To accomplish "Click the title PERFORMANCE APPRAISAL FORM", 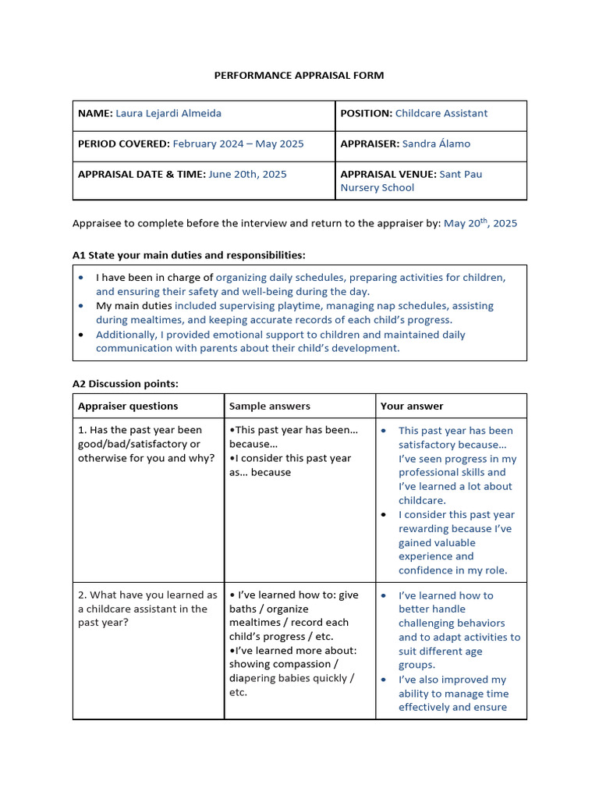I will [299, 76].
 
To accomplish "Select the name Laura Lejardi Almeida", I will [168, 113].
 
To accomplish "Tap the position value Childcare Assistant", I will [441, 113].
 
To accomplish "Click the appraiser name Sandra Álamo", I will [437, 144].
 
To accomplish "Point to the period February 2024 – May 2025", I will [238, 144].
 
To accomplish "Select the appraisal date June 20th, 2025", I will [246, 174].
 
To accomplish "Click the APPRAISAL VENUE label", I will [388, 174].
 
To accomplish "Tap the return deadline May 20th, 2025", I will [480, 223].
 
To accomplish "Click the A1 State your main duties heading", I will [189, 255].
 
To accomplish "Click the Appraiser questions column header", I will [128, 406].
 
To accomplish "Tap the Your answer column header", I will [412, 406].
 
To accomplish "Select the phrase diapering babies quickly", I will [287, 678].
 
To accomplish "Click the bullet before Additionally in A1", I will [82, 335].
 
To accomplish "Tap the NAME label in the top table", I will [95, 113].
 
